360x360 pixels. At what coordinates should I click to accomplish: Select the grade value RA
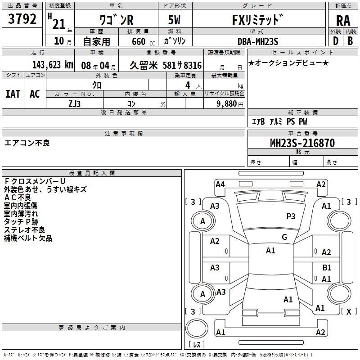click(343, 20)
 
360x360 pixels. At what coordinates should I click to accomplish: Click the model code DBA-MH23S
click(258, 41)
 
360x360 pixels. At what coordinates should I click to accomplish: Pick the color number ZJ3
click(75, 103)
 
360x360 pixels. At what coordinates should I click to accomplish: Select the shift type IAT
click(13, 94)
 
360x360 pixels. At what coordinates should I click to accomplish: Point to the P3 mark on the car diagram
click(291, 216)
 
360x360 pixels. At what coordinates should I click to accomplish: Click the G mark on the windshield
click(284, 237)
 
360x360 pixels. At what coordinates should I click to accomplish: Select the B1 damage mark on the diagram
click(327, 268)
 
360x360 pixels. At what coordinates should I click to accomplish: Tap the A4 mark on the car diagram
click(220, 184)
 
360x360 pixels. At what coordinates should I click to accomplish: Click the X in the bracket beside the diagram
click(348, 311)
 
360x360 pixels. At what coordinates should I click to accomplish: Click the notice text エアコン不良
click(27, 143)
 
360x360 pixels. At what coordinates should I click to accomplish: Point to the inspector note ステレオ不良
click(24, 230)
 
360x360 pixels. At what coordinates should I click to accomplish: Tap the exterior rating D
click(336, 41)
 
